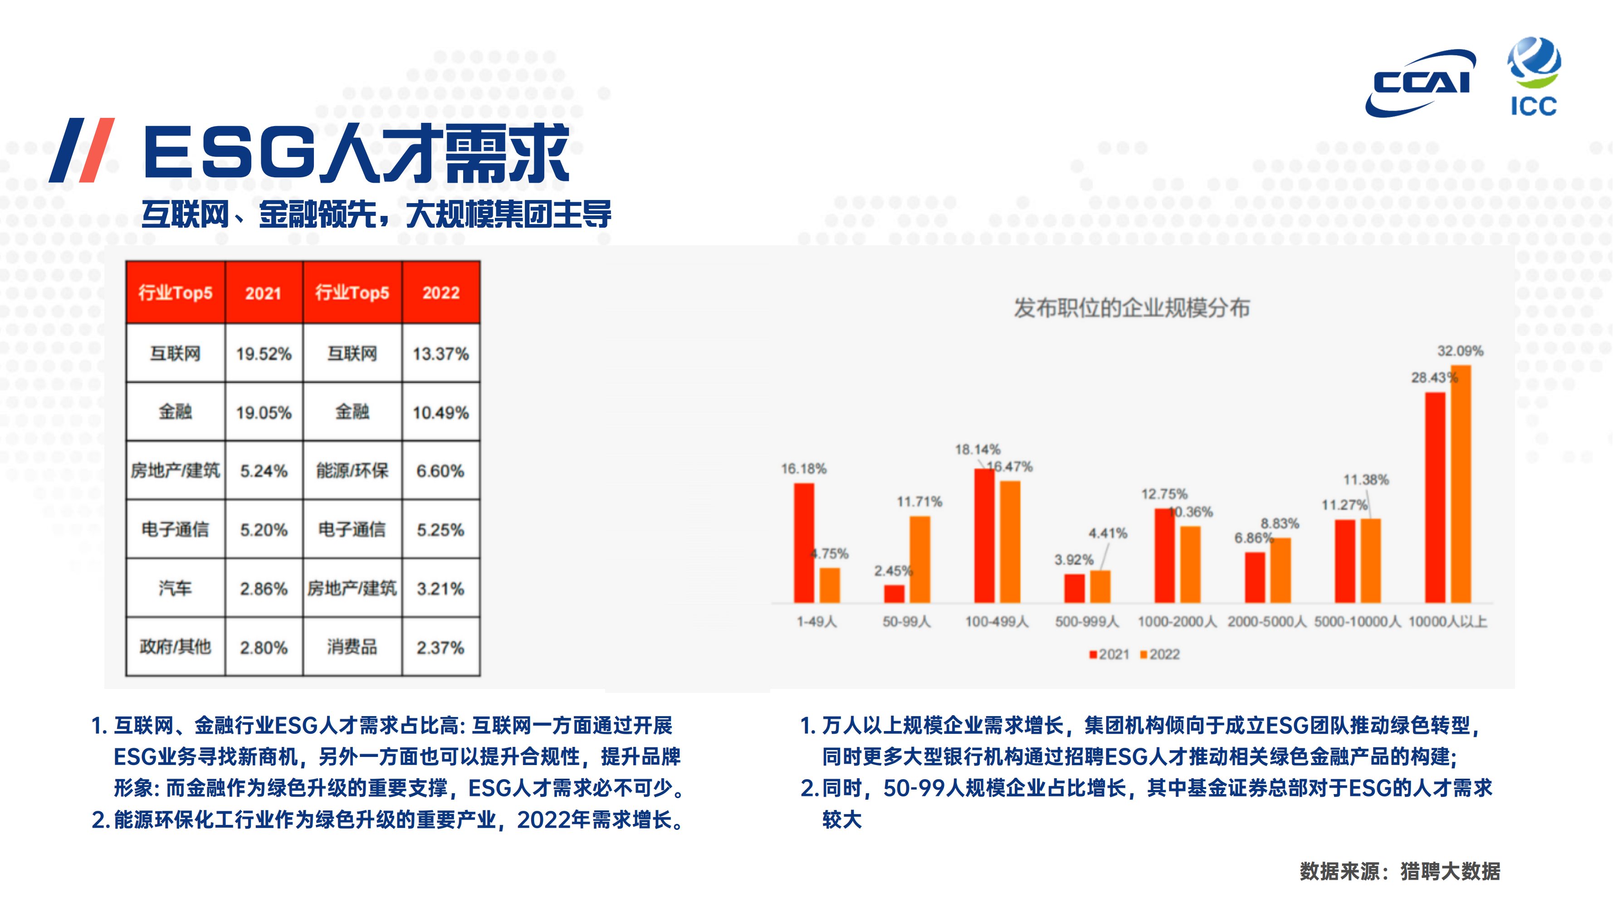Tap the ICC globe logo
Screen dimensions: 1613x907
click(1534, 76)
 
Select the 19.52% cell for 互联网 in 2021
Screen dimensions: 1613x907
click(264, 354)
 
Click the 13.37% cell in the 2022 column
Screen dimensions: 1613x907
click(441, 354)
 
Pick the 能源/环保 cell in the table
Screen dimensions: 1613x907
click(352, 471)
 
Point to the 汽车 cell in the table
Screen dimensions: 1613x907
click(176, 588)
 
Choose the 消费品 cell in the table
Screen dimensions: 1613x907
click(352, 647)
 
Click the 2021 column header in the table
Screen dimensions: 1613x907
click(264, 293)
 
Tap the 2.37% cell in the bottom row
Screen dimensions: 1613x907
click(441, 647)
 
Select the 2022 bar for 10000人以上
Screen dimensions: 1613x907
click(1461, 484)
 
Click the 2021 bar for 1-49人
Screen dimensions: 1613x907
click(804, 543)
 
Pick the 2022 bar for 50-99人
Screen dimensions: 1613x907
click(920, 560)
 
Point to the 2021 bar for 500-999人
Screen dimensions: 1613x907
click(1075, 588)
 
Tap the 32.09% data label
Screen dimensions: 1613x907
click(1460, 351)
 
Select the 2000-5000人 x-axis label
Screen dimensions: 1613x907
click(1267, 622)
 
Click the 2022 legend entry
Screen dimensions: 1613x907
click(1160, 654)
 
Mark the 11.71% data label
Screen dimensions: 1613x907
click(919, 502)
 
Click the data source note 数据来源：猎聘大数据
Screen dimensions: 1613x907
click(1400, 871)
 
